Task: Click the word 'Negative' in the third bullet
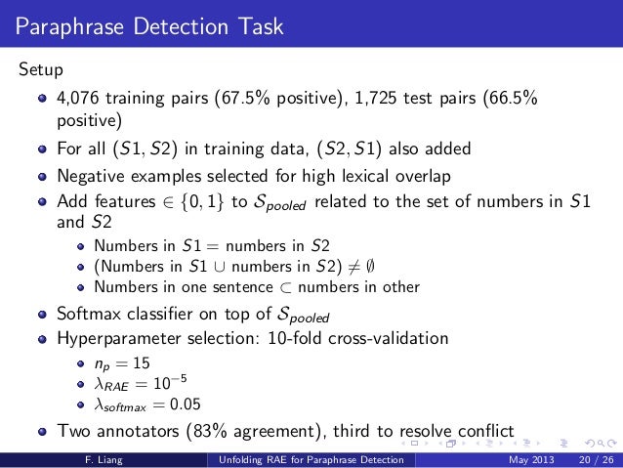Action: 92,177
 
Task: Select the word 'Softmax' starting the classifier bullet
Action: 91,316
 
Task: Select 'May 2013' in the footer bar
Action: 528,459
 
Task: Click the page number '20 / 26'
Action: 592,459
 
